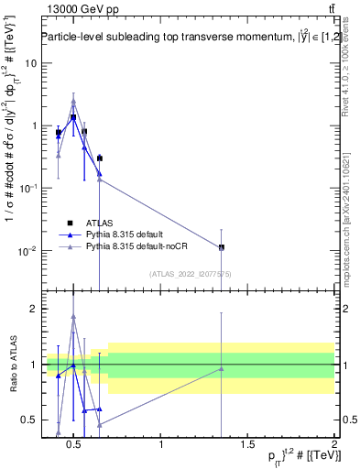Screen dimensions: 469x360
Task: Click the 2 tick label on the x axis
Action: coord(333,444)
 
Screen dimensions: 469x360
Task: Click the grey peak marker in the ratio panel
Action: coord(73,317)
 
